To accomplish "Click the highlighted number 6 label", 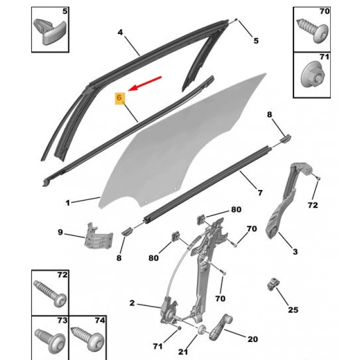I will pos(119,98).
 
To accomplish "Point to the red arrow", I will pos(146,84).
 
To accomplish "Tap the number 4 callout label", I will pos(120,32).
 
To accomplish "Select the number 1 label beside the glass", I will pos(67,203).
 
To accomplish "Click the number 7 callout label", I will pos(260,193).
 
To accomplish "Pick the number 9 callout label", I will pos(60,232).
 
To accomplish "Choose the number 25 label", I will pos(293,310).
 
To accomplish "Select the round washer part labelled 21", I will pos(202,330).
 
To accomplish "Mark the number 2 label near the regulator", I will pos(132,303).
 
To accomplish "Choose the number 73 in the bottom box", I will pos(62,320).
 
